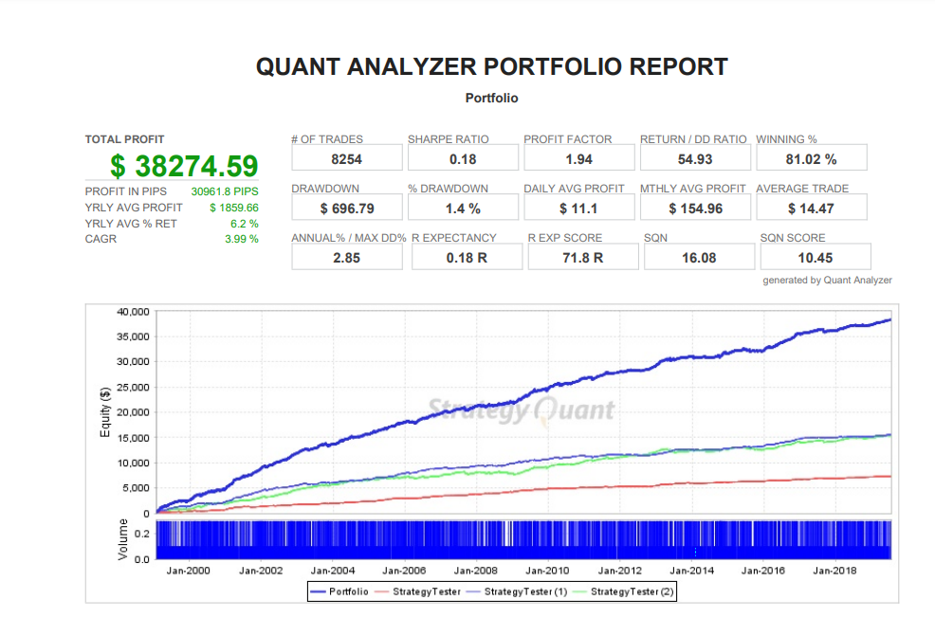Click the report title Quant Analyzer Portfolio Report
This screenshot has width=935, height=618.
(492, 67)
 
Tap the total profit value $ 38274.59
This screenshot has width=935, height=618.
(184, 166)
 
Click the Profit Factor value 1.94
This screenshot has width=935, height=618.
(578, 158)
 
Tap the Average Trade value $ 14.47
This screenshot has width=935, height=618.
(811, 208)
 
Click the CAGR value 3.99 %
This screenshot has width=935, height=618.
(241, 239)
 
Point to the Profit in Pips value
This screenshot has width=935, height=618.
(225, 191)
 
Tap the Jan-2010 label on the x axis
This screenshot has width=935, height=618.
(547, 572)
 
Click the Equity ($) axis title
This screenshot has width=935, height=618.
(105, 412)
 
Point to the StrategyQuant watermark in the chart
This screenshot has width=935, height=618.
(521, 409)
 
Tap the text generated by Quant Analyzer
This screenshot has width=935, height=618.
(827, 280)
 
